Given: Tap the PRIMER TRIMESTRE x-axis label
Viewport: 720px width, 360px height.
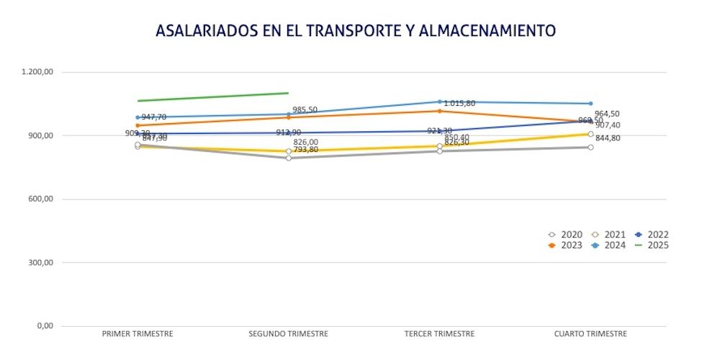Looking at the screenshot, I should (138, 334).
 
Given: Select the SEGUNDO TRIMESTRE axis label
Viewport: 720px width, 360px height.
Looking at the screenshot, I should (288, 334).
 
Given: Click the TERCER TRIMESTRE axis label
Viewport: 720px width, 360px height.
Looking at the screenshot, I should (440, 334).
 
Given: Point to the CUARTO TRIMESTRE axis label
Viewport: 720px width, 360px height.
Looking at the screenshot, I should (590, 334).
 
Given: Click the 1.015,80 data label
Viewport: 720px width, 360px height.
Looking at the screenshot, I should (459, 104).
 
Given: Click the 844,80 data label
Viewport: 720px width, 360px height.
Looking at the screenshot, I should (608, 138).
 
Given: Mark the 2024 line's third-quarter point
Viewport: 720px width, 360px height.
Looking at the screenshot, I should (440, 102).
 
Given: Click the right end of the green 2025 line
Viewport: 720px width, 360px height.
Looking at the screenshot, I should (288, 93).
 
